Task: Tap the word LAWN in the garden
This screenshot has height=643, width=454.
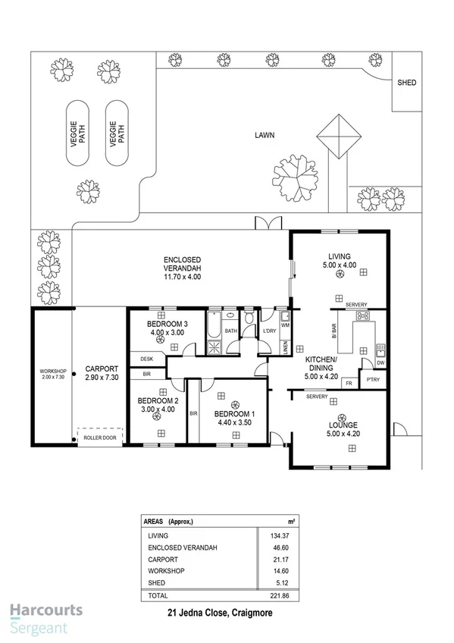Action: pyautogui.click(x=264, y=136)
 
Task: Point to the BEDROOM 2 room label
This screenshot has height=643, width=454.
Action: pyautogui.click(x=158, y=401)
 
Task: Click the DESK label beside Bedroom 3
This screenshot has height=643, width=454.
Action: pyautogui.click(x=147, y=359)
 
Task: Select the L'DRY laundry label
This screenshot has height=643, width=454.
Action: pyautogui.click(x=268, y=332)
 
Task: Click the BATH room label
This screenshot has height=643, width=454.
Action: pyautogui.click(x=230, y=331)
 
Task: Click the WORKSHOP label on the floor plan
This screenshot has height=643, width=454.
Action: pyautogui.click(x=52, y=372)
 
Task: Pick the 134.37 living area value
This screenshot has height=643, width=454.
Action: pyautogui.click(x=270, y=535)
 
